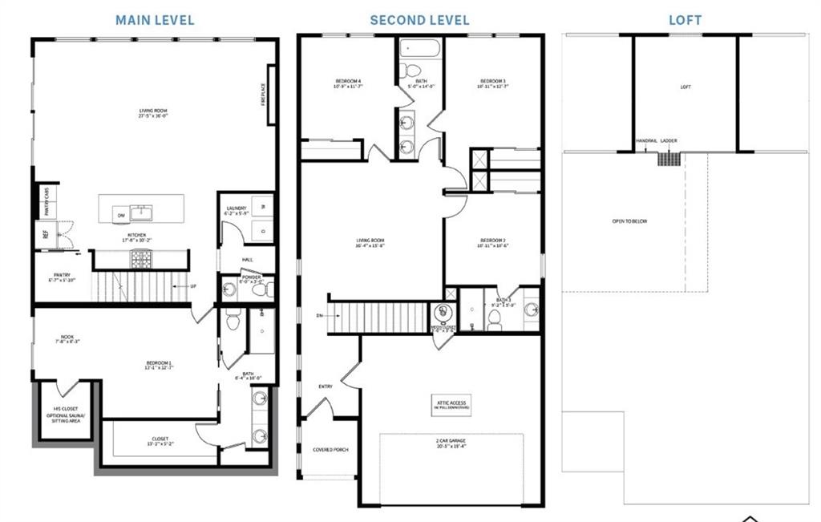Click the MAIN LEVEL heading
155,20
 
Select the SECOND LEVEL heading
419,20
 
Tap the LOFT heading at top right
685,20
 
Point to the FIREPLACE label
263,95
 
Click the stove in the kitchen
141,258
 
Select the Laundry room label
237,211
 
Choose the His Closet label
67,412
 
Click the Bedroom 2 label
492,242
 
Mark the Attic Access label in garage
451,404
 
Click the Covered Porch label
329,450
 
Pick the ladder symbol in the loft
669,158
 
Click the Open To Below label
629,221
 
